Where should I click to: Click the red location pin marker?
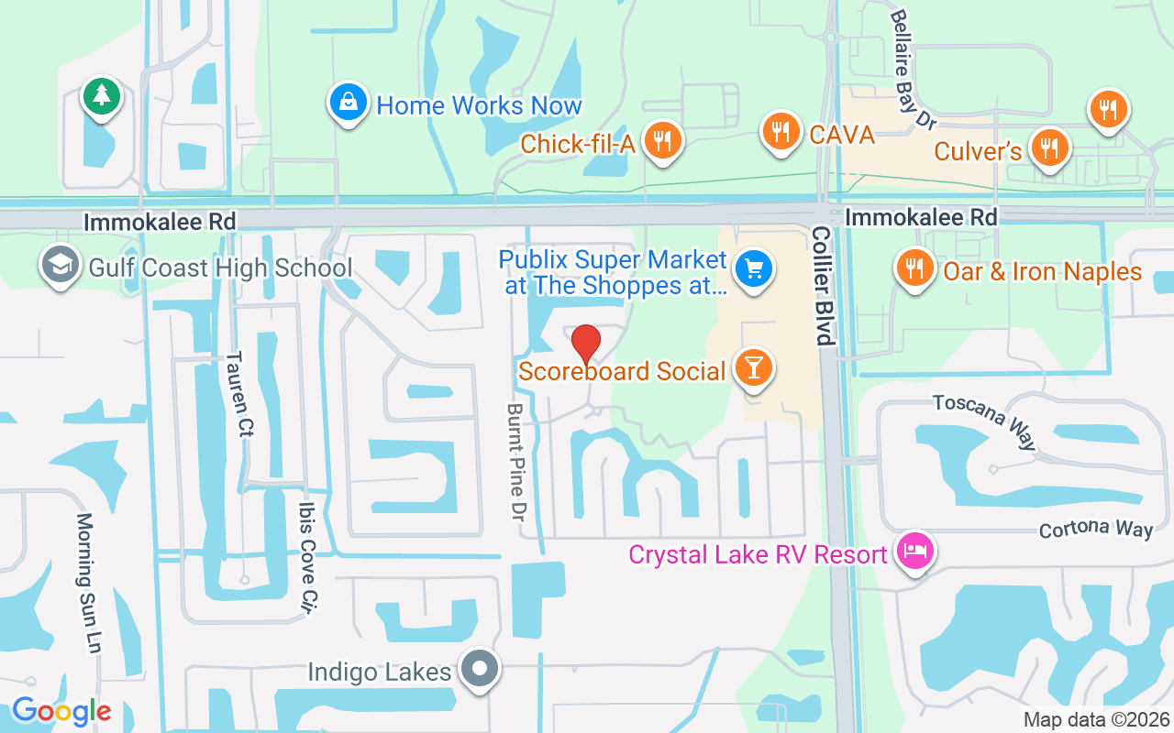[x=586, y=345]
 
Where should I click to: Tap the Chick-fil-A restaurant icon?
[x=660, y=141]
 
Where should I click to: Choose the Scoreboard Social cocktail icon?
[x=754, y=368]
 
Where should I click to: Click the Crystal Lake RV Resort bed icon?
[x=914, y=552]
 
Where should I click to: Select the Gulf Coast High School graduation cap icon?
[x=60, y=266]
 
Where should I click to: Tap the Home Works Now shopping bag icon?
[x=349, y=103]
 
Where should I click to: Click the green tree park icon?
[x=101, y=95]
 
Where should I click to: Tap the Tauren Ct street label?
[x=235, y=394]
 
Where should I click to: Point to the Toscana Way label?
[x=985, y=421]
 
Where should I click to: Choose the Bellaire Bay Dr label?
[x=914, y=69]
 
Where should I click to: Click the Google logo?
[x=61, y=711]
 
